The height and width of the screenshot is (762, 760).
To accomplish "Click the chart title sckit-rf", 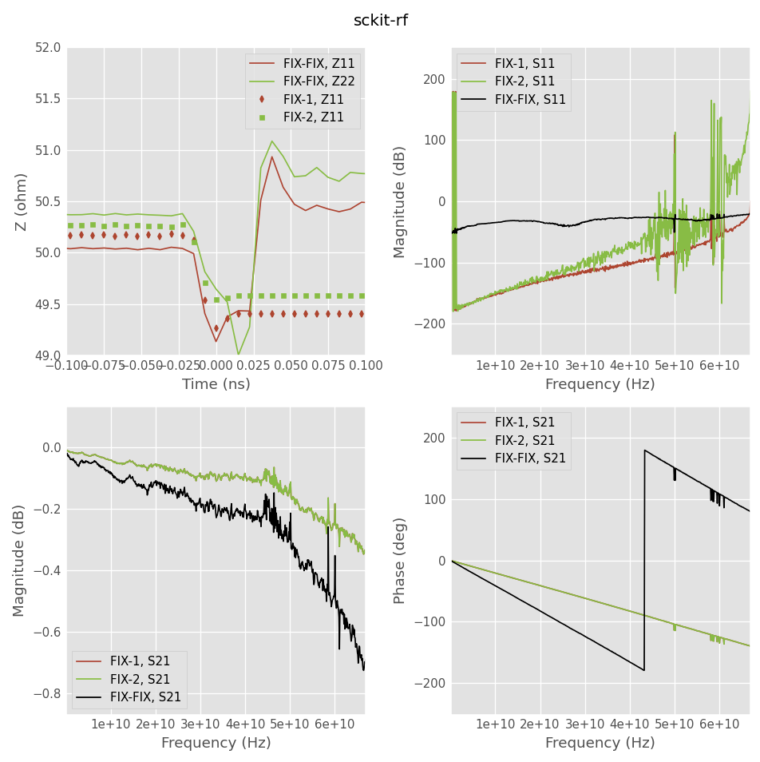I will tap(380, 21).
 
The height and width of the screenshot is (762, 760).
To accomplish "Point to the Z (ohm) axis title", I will tap(22, 202).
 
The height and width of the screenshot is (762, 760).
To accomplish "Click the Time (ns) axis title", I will tap(216, 384).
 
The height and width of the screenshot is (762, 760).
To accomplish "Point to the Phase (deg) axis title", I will tap(401, 560).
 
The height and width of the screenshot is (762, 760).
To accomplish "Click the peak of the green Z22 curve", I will tap(271, 141).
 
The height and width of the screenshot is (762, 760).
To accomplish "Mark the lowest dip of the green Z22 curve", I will tap(238, 354).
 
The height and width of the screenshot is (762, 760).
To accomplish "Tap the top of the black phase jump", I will tap(645, 450).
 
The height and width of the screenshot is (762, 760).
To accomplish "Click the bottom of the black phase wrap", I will tap(644, 670).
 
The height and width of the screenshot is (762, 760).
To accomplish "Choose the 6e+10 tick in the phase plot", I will tap(719, 724).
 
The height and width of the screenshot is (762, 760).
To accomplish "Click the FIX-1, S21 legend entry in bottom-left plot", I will tap(133, 661).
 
